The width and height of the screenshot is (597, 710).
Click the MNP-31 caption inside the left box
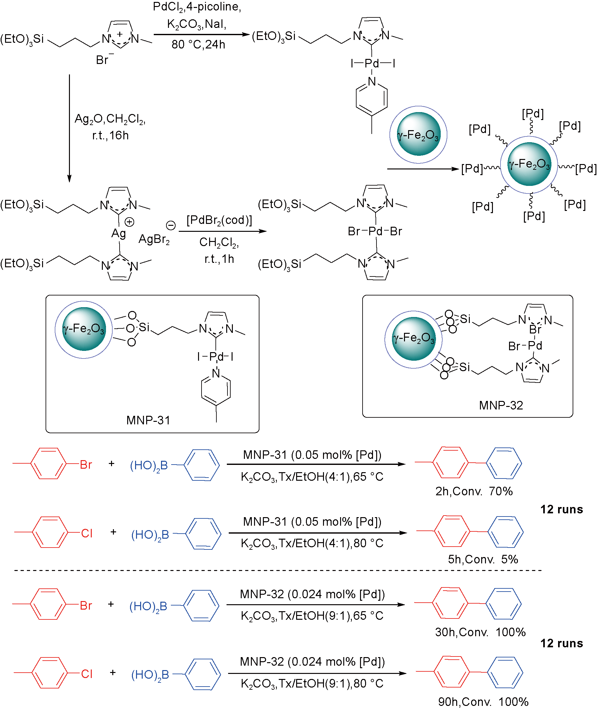pyautogui.click(x=148, y=420)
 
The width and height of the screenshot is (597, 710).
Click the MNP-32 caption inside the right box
pyautogui.click(x=501, y=405)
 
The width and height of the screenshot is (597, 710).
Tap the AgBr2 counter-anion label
pyautogui.click(x=154, y=239)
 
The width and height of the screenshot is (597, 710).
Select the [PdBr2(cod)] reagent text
pyautogui.click(x=219, y=220)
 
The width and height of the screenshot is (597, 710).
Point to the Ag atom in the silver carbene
pyautogui.click(x=118, y=233)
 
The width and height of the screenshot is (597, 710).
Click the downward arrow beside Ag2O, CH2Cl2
pyautogui.click(x=69, y=129)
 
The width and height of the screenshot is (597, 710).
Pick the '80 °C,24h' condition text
pyautogui.click(x=198, y=44)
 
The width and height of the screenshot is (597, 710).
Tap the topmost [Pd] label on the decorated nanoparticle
pyautogui.click(x=533, y=114)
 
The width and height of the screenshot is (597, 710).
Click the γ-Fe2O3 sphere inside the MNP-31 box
pyautogui.click(x=84, y=329)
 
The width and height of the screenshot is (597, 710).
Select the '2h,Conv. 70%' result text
pyautogui.click(x=474, y=491)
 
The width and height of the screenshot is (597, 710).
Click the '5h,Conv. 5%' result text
pyautogui.click(x=483, y=559)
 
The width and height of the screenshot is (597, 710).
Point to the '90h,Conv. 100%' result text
pyautogui.click(x=483, y=702)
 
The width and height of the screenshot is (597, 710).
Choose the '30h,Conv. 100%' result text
pyautogui.click(x=480, y=632)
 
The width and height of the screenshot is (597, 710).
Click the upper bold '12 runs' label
pyautogui.click(x=562, y=510)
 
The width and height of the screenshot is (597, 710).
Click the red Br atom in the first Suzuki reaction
pyautogui.click(x=86, y=464)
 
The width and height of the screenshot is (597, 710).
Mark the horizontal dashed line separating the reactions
pyautogui.click(x=277, y=570)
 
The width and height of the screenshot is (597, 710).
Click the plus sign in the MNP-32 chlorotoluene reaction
pyautogui.click(x=113, y=672)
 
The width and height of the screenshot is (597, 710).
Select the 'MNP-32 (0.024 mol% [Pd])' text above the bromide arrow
pyautogui.click(x=312, y=594)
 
